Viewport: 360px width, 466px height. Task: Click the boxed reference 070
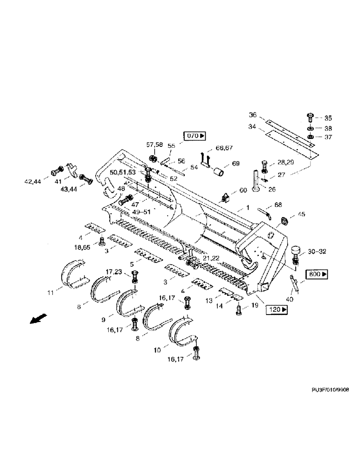[x=195, y=136]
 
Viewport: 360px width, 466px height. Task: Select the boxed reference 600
[x=317, y=274]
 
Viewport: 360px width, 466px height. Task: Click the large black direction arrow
[x=35, y=320]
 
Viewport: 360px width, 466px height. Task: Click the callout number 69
[x=235, y=164]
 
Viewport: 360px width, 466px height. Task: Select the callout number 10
[x=158, y=349]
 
